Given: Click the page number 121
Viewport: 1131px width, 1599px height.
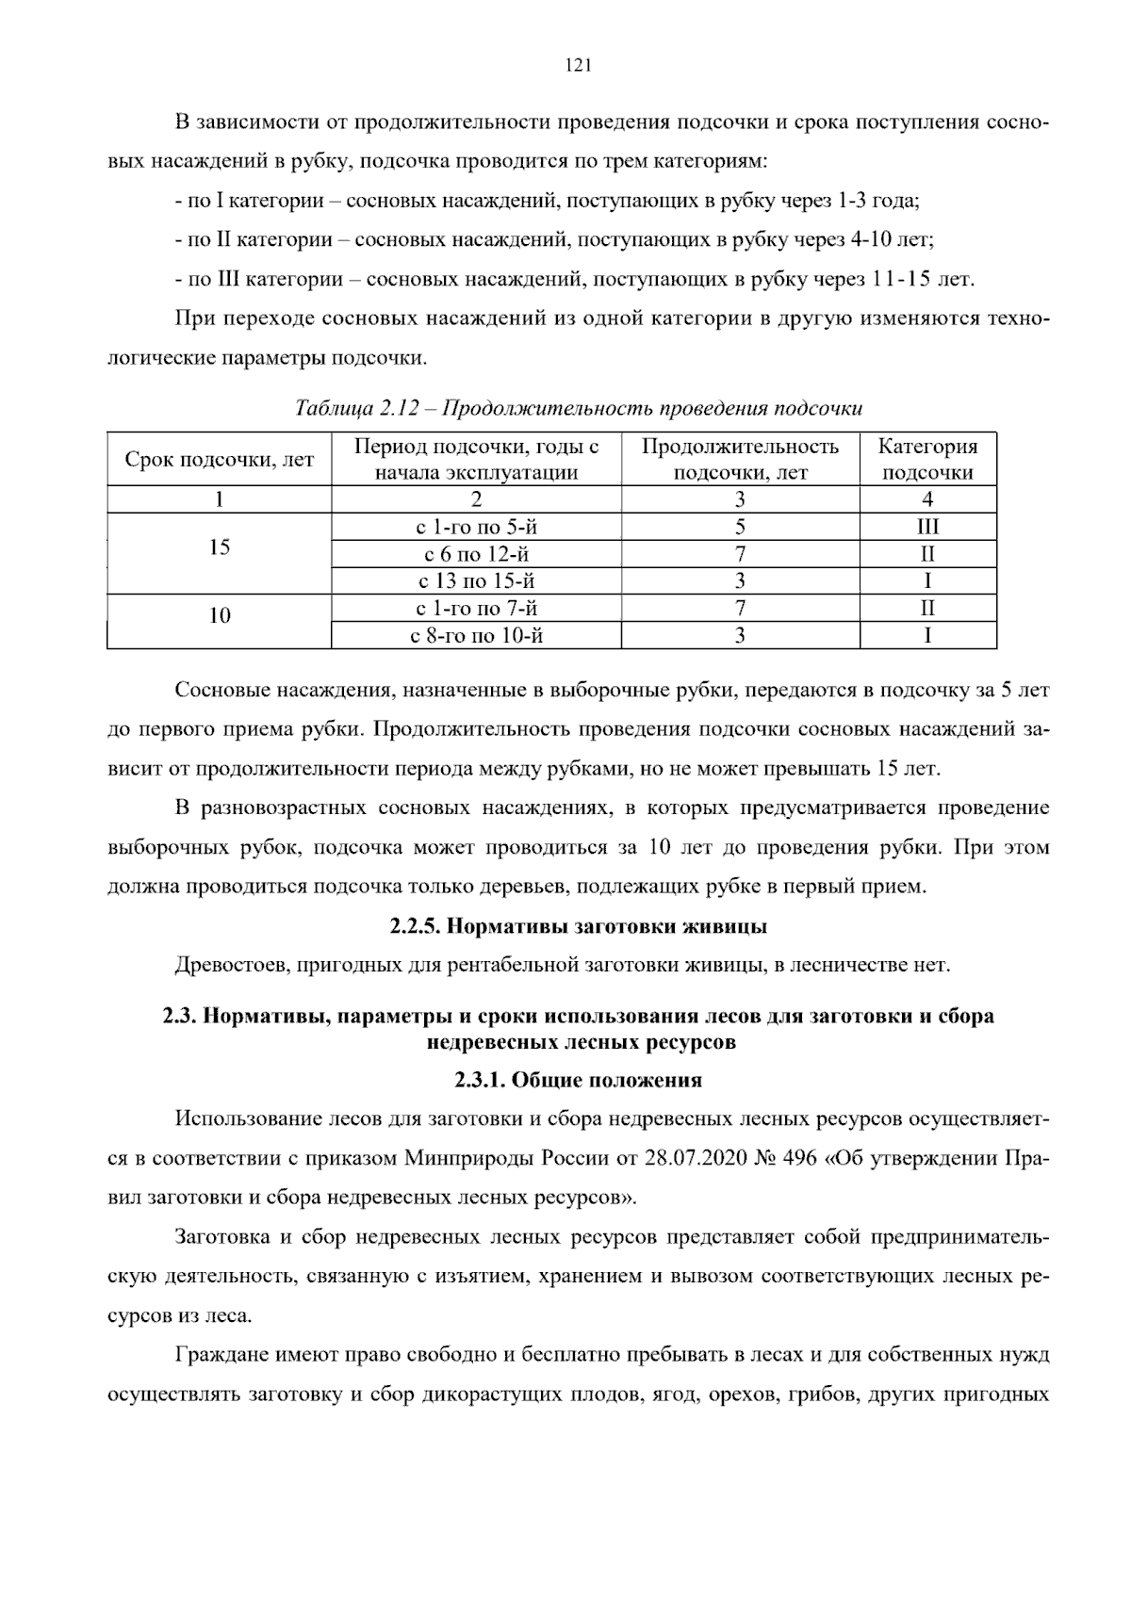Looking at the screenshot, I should pos(577,65).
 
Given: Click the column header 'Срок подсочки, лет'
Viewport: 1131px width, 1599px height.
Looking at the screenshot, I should pos(220,460).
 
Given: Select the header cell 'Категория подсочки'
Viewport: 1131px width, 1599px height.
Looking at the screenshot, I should pos(927,459).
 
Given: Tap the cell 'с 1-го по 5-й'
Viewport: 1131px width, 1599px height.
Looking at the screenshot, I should pos(476,527).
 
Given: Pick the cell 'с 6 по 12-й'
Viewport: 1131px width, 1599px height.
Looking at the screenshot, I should pos(476,554).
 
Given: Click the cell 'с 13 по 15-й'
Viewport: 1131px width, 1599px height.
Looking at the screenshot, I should pos(476,581).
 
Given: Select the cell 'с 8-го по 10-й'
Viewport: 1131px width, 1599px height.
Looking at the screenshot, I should pos(476,636).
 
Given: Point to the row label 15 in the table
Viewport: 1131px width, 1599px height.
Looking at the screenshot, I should pos(220,547).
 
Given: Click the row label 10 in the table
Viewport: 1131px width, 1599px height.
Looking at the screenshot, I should pos(220,616).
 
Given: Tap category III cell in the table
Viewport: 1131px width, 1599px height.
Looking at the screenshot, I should pos(927,527).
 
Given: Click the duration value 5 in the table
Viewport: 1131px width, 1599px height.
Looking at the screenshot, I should pos(740,527).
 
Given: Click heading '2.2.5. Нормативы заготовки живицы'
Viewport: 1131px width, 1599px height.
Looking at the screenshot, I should pos(578,926).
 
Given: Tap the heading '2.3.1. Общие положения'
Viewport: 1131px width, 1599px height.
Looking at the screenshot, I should pos(578,1081).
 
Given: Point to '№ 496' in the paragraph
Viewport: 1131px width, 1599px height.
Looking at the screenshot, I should pos(784,1158).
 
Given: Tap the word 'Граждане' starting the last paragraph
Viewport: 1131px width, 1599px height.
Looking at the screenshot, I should pos(221,1356).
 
